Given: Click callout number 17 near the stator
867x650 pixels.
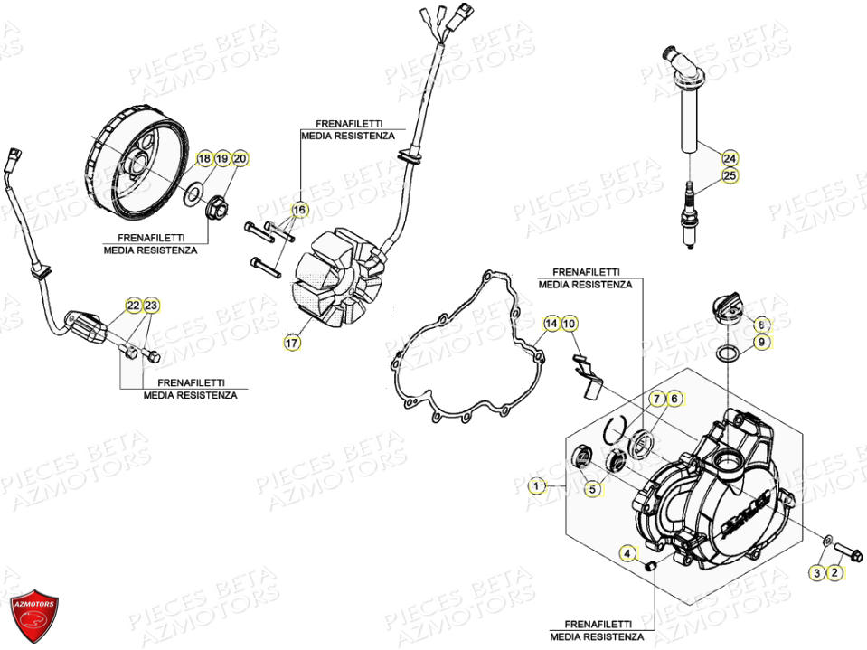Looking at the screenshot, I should coord(292,343).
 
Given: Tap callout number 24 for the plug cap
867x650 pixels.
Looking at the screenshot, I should coord(730,156).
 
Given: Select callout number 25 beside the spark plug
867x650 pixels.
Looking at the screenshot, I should coord(730,175).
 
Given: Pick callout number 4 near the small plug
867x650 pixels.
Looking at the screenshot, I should coord(627,552).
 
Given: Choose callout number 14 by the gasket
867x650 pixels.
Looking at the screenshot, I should coord(551,324).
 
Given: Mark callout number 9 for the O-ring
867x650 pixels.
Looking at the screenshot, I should coord(761,342).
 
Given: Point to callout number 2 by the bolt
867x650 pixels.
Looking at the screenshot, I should coord(835,572).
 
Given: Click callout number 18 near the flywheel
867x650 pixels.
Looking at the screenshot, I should coord(203,159).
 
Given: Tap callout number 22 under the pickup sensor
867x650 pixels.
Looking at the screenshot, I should coord(132,306).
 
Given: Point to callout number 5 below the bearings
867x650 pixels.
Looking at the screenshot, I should coord(593,489).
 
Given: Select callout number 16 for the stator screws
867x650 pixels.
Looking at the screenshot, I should coord(298,210).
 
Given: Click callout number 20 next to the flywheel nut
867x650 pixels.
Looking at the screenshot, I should coord(240,159).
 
